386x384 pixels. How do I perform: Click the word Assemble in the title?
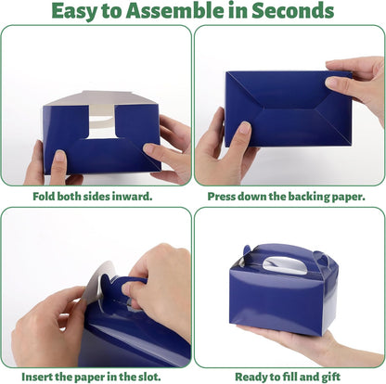(x=174, y=10)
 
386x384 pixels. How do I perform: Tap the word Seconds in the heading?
(x=292, y=10)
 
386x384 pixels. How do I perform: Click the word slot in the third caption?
(x=150, y=377)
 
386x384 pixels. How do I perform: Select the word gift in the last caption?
(x=331, y=378)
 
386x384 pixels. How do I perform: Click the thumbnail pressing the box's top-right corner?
(x=332, y=83)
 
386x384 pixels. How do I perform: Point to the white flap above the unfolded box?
(x=102, y=98)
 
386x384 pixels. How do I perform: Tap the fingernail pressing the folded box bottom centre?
(x=245, y=128)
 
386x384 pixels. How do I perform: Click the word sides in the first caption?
(x=96, y=196)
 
